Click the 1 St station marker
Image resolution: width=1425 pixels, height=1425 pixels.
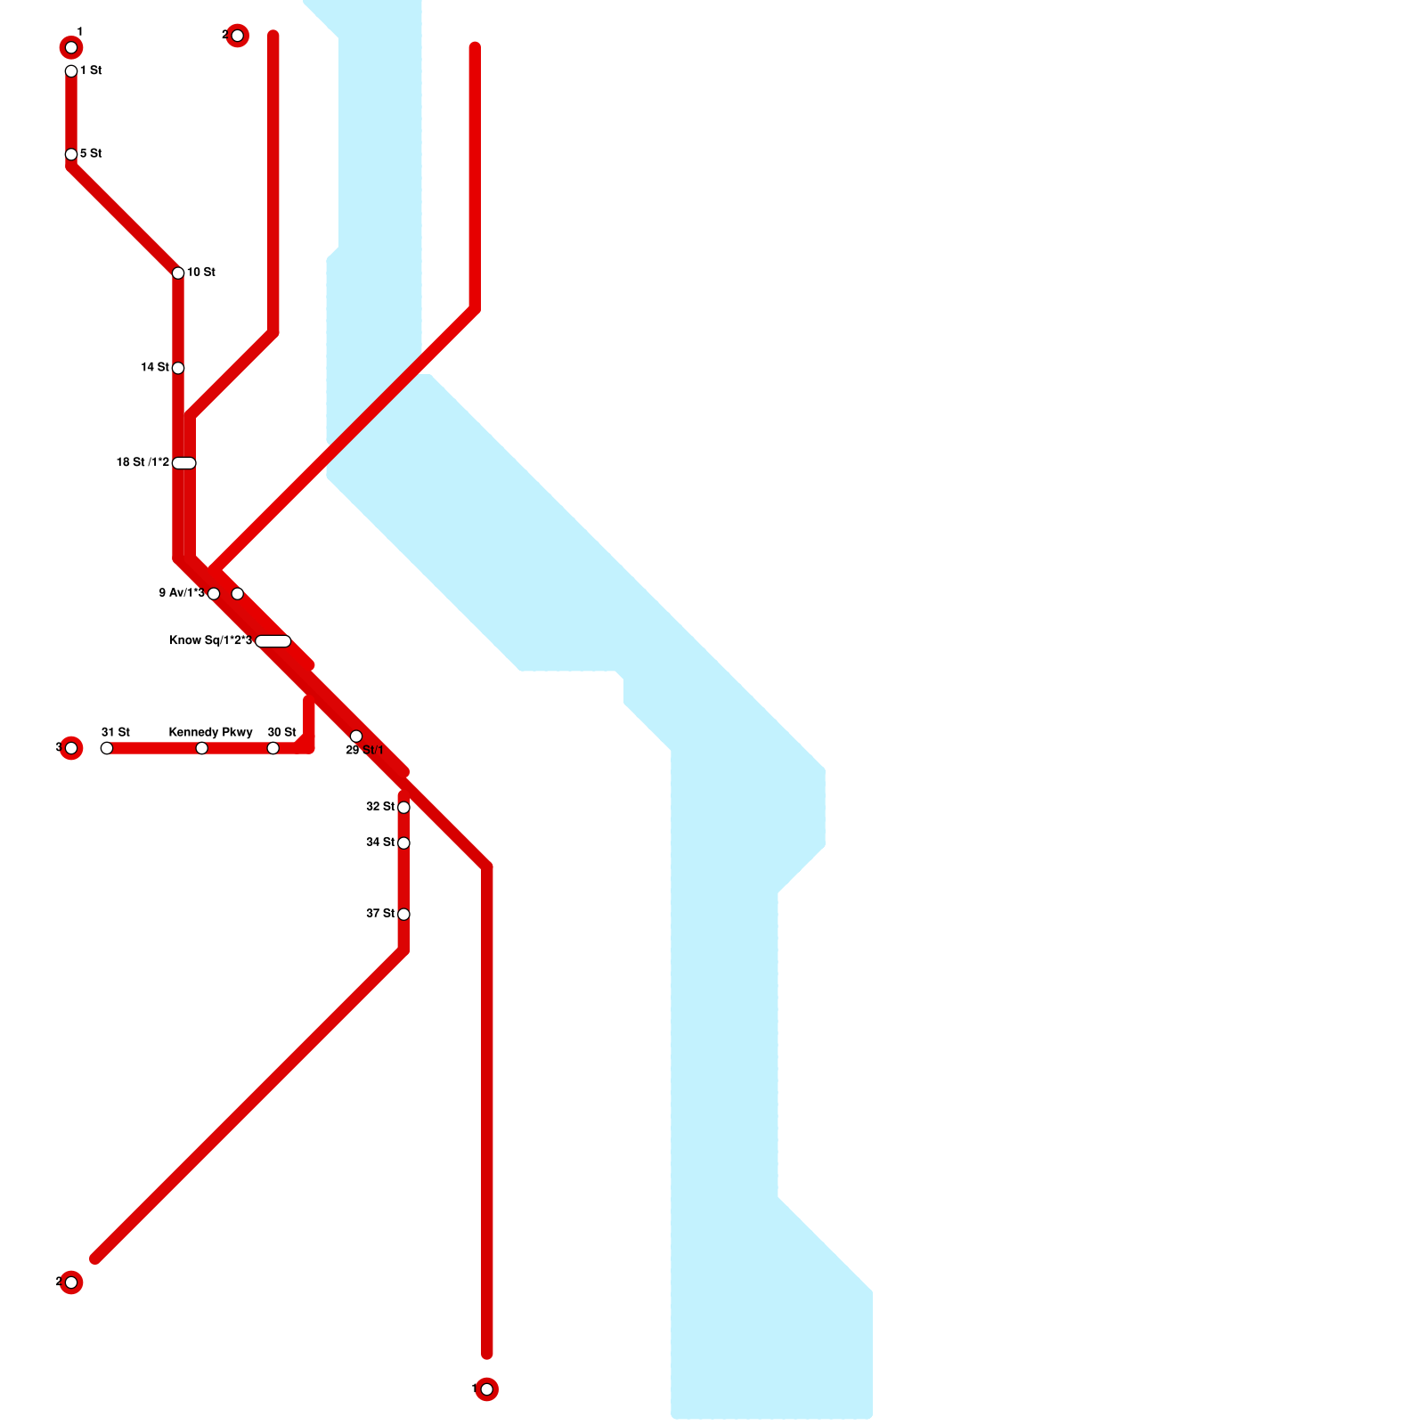tap(71, 71)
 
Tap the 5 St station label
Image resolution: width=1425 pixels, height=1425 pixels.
tap(91, 154)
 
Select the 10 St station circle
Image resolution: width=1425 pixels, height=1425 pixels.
tap(178, 273)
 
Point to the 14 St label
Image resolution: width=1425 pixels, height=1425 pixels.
tap(155, 368)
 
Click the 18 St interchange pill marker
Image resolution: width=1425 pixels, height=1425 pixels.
tap(184, 463)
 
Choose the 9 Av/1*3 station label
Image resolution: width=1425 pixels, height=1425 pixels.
tap(182, 593)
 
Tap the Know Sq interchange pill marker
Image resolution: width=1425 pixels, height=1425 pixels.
tap(273, 641)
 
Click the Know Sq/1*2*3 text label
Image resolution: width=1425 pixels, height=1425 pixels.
tap(211, 641)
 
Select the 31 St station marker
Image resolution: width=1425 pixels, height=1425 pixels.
tap(107, 748)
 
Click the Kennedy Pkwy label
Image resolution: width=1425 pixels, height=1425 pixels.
tap(211, 733)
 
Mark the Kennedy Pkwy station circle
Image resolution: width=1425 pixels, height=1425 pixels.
tap(202, 748)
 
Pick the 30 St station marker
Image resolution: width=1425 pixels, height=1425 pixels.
tap(273, 748)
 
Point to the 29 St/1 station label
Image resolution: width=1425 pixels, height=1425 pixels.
tap(365, 751)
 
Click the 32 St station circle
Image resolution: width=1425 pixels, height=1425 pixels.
tap(403, 808)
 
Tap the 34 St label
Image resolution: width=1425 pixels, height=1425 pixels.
tap(380, 843)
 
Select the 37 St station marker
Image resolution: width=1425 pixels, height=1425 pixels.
tap(403, 915)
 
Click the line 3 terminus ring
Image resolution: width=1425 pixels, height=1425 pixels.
tap(71, 748)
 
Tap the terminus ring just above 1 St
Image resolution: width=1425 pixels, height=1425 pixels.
tap(71, 47)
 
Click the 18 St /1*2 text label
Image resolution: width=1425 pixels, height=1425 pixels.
tap(142, 463)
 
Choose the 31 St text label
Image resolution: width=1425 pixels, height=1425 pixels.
tap(116, 733)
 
